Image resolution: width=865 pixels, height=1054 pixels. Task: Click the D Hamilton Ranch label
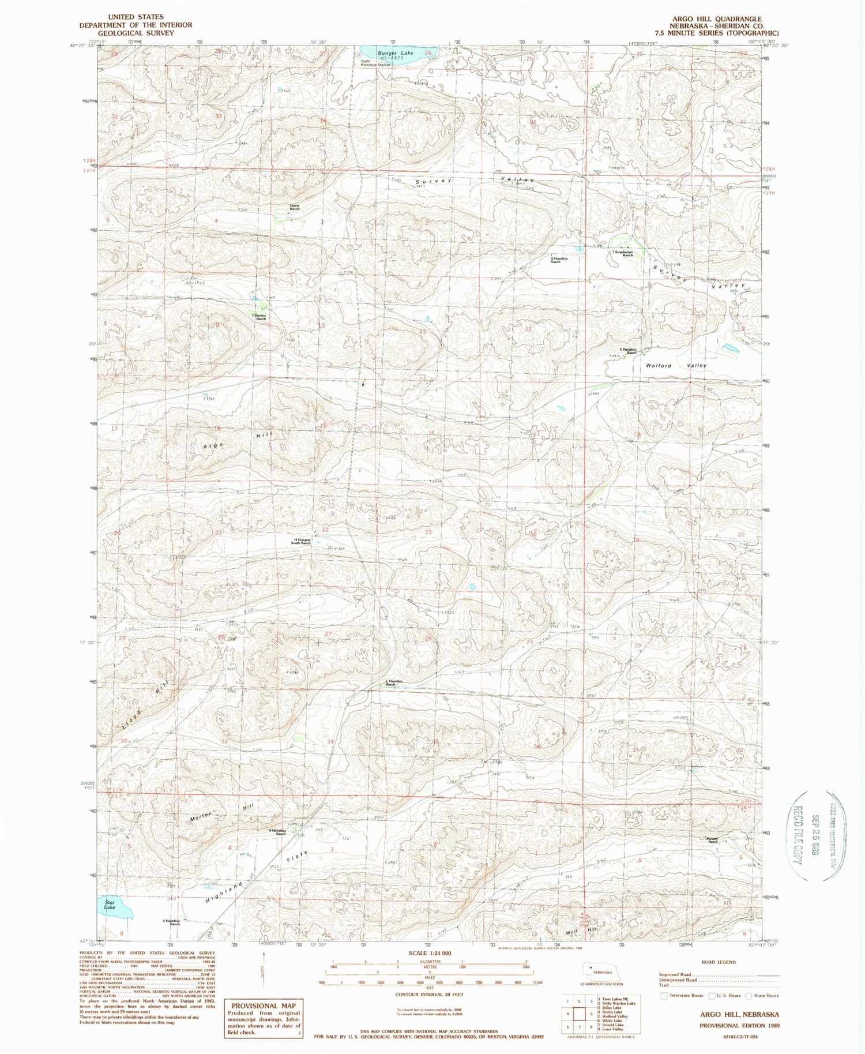point(555,260)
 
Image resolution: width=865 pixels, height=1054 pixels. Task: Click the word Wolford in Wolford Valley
point(660,366)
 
